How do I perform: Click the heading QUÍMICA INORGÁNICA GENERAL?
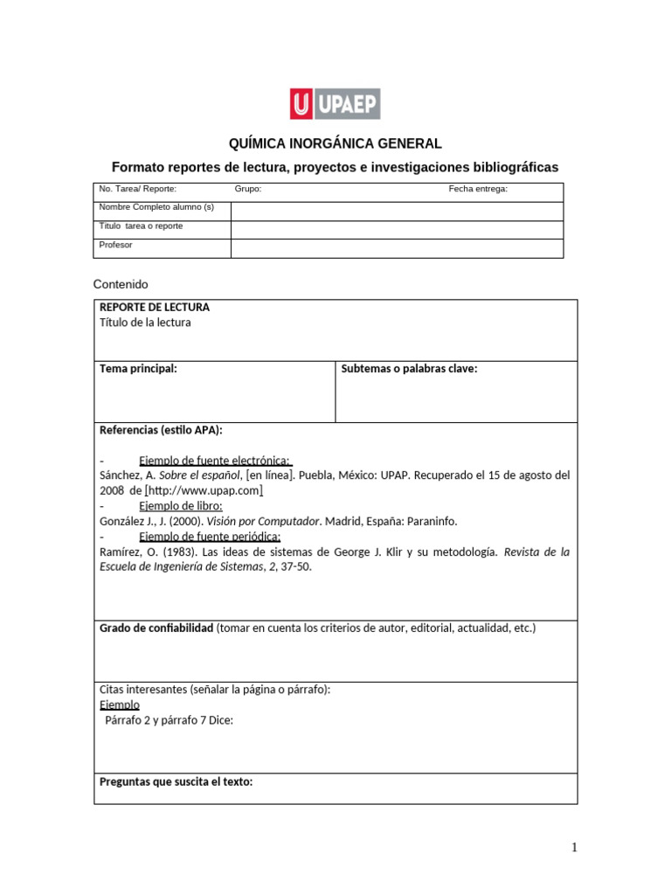(x=335, y=143)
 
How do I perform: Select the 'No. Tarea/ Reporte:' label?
(x=138, y=189)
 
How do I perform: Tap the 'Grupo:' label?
(x=248, y=189)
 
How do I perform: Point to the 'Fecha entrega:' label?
(x=478, y=189)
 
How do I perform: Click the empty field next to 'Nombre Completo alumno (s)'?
(x=397, y=212)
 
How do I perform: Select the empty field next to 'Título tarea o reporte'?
(x=397, y=230)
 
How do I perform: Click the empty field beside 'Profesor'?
(x=397, y=249)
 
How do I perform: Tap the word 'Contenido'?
(x=121, y=284)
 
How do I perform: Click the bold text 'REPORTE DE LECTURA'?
(x=155, y=308)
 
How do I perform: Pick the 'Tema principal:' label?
(x=138, y=369)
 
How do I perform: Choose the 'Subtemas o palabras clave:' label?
(x=409, y=369)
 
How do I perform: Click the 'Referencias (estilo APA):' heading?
(x=161, y=430)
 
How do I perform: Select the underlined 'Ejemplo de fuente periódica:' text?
(x=210, y=537)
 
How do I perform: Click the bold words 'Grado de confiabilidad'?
(x=156, y=628)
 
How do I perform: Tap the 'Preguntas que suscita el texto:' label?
(x=176, y=781)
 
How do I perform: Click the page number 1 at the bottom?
(x=574, y=847)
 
